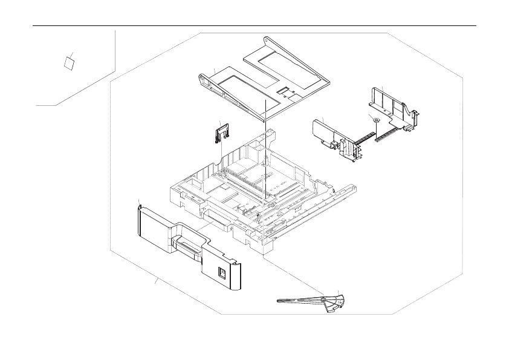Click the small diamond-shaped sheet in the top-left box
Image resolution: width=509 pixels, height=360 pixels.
pyautogui.click(x=70, y=61)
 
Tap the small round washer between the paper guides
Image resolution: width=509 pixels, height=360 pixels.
pyautogui.click(x=375, y=121)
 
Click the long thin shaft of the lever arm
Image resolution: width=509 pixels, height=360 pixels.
pyautogui.click(x=299, y=299)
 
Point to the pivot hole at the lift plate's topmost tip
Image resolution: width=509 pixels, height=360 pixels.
pyautogui.click(x=267, y=39)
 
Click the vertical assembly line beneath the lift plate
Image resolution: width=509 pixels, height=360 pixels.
pyautogui.click(x=265, y=157)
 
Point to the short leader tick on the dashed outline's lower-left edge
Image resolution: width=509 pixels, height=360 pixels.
pyautogui.click(x=156, y=281)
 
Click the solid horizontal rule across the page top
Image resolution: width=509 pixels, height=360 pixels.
pyautogui.click(x=254, y=26)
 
